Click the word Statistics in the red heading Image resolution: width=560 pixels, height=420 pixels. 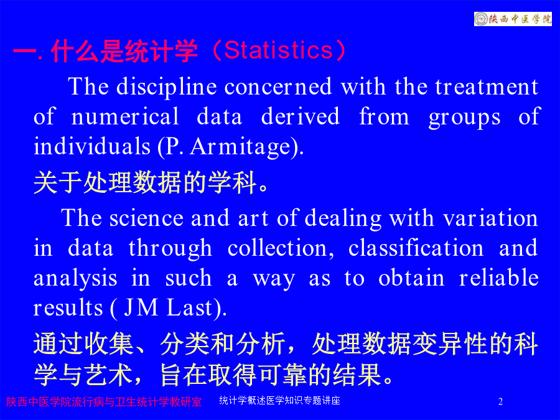279,50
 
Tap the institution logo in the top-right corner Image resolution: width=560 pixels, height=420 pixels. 513,19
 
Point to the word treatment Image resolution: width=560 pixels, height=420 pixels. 487,87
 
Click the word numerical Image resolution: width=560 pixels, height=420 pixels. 125,116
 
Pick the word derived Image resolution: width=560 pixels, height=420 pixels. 301,116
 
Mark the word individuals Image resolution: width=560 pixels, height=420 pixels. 92,146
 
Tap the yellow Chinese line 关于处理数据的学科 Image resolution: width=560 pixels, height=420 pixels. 151,182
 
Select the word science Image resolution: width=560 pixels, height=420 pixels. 146,218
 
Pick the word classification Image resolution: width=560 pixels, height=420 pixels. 416,248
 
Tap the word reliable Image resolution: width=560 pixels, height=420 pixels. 499,278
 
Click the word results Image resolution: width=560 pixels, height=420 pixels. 68,308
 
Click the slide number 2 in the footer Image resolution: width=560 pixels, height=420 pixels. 500,401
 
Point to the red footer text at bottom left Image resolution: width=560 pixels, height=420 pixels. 104,402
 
